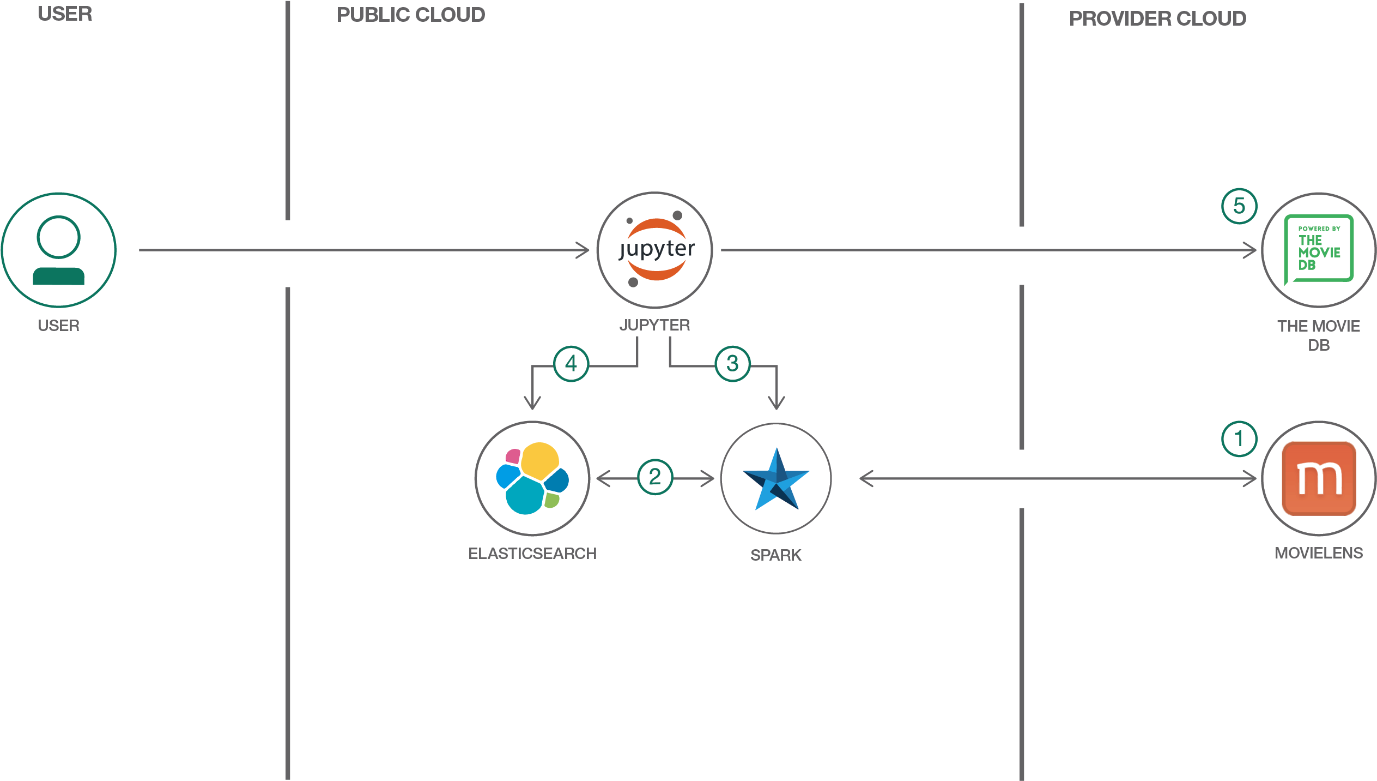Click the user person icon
pyautogui.click(x=58, y=250)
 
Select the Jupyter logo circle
pyautogui.click(x=654, y=250)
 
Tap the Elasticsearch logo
pyautogui.click(x=532, y=478)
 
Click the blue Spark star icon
pyautogui.click(x=776, y=479)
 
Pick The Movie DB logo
pyautogui.click(x=1318, y=250)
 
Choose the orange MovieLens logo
pyautogui.click(x=1319, y=478)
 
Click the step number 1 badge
pyautogui.click(x=1239, y=438)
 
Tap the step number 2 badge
pyautogui.click(x=655, y=477)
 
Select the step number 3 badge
pyautogui.click(x=732, y=364)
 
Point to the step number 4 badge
pyautogui.click(x=571, y=364)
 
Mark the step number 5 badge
pyautogui.click(x=1239, y=206)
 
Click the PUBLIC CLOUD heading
pyautogui.click(x=411, y=15)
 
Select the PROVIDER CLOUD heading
pyautogui.click(x=1157, y=19)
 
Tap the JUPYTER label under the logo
pyautogui.click(x=654, y=325)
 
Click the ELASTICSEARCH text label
pyautogui.click(x=532, y=554)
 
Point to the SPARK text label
pyautogui.click(x=776, y=555)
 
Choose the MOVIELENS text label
pyautogui.click(x=1319, y=553)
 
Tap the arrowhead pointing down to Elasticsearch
pyautogui.click(x=532, y=404)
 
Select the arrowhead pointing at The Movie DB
pyautogui.click(x=1250, y=250)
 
